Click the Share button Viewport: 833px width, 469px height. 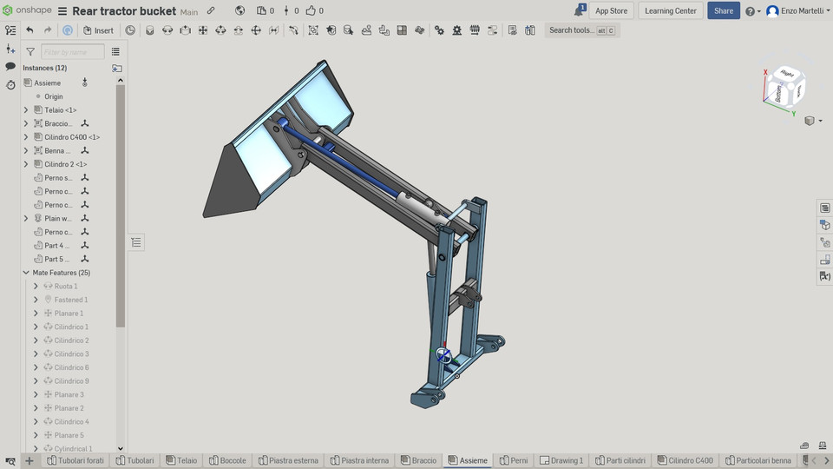(724, 10)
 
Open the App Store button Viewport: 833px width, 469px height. (612, 10)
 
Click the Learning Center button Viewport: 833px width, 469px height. (671, 10)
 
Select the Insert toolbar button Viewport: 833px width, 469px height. (98, 30)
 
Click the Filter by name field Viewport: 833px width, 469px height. (72, 52)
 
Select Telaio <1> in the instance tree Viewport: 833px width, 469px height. (60, 110)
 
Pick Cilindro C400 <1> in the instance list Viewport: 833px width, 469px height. (72, 137)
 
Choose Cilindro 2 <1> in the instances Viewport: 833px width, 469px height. (65, 164)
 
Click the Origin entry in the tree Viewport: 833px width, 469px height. (53, 96)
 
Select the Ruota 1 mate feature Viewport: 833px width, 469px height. (66, 286)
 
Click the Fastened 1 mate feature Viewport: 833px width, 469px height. (70, 300)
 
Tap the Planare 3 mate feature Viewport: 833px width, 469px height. (69, 394)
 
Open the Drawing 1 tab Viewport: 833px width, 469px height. (567, 460)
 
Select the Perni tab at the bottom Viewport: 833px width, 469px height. (518, 460)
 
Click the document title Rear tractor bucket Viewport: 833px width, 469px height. (124, 11)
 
